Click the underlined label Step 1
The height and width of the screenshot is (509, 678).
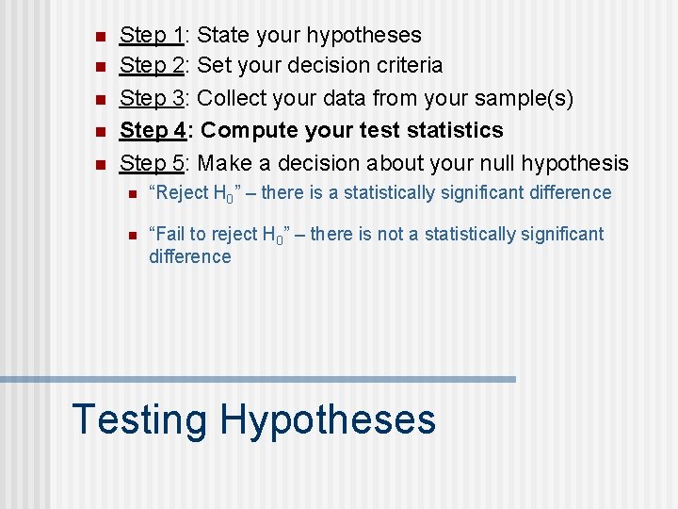[x=151, y=36]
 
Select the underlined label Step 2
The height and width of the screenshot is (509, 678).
[x=151, y=66]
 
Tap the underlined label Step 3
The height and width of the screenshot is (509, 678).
[x=151, y=98]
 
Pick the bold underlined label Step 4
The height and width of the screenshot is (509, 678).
[x=151, y=130]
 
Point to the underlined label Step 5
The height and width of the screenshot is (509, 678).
[x=151, y=162]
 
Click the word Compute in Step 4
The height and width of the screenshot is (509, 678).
[x=255, y=130]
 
